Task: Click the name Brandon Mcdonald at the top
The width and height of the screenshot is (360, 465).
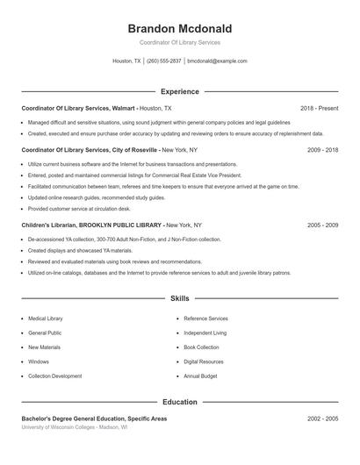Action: [179, 28]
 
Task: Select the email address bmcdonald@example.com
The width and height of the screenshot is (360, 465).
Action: [218, 61]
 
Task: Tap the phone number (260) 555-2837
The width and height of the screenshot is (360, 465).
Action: [164, 61]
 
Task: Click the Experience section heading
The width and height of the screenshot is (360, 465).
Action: [179, 91]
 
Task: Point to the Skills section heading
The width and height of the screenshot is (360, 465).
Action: [179, 298]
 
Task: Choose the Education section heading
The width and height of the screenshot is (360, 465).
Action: [179, 402]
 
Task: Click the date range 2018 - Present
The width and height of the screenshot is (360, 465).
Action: [319, 107]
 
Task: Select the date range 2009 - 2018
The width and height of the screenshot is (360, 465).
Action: [322, 150]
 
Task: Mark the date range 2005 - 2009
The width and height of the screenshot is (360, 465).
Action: [322, 225]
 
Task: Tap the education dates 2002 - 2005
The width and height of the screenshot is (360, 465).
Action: [322, 418]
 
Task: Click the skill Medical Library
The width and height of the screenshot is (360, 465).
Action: [46, 318]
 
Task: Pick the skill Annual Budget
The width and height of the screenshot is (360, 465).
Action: [200, 376]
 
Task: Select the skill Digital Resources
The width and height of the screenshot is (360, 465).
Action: [204, 361]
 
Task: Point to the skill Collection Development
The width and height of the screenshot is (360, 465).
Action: [54, 376]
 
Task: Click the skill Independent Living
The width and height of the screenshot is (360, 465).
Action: [205, 333]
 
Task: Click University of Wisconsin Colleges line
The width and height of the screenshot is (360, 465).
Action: [74, 427]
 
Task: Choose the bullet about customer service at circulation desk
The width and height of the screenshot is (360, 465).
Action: [79, 209]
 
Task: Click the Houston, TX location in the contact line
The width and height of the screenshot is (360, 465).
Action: [126, 61]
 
